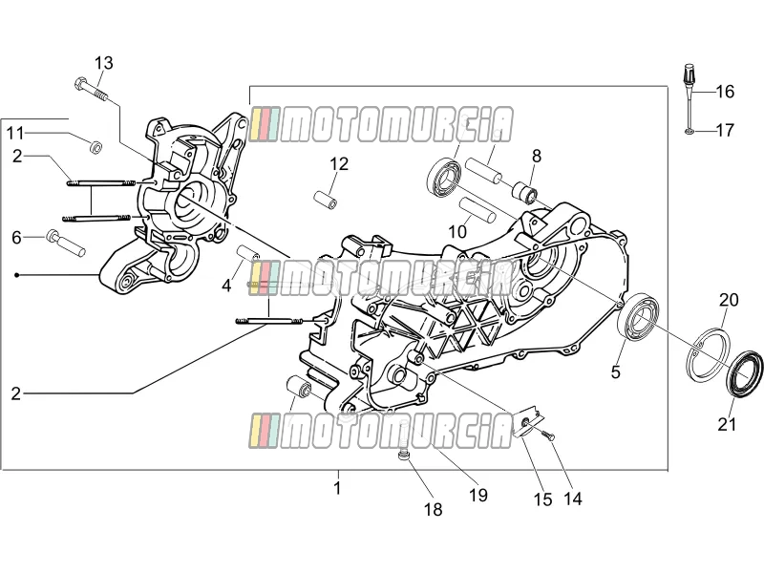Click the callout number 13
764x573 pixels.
(x=104, y=63)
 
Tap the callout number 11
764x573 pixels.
(x=15, y=133)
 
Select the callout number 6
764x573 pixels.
(x=17, y=238)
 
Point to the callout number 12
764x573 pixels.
(x=339, y=164)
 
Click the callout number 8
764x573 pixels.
(x=537, y=156)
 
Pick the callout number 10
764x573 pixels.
(x=457, y=232)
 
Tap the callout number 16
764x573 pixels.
(x=725, y=91)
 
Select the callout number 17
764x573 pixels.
(x=725, y=130)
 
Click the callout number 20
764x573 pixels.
(x=729, y=300)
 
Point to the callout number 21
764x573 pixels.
(x=727, y=424)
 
